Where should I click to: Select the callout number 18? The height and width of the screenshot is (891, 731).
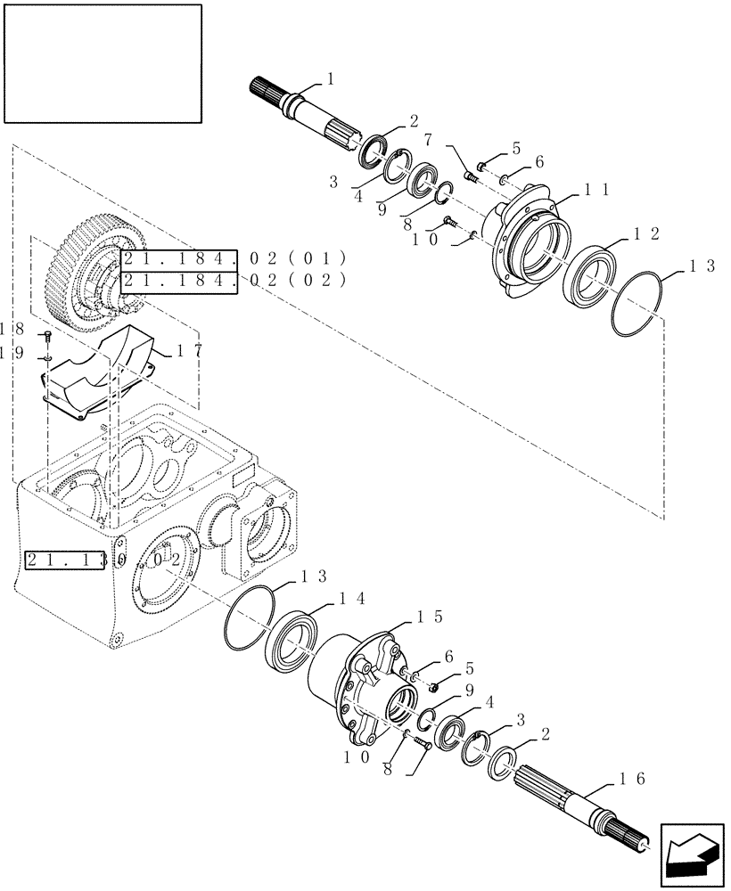[12, 329]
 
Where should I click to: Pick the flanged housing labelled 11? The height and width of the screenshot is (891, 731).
[526, 241]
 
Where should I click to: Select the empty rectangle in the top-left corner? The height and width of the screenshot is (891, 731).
[102, 62]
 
